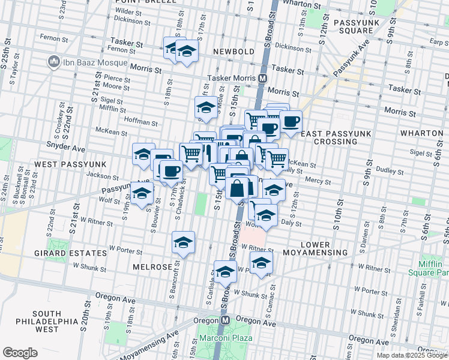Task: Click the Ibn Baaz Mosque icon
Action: pos(53,62)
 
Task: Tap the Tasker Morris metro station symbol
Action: pos(262,79)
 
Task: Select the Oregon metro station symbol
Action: pos(222,321)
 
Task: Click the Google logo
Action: pos(20,352)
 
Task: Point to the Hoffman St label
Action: pos(140,122)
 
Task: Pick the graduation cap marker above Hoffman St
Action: pos(205,107)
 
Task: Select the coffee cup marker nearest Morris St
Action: pos(291,121)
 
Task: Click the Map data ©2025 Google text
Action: pos(411,355)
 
